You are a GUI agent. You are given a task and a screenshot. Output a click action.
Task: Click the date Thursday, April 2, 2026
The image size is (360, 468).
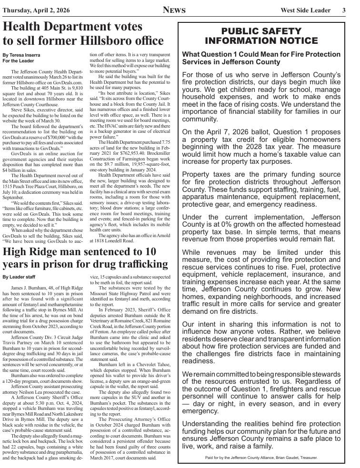[37, 10]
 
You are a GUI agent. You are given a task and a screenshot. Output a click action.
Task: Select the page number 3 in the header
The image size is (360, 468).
[343, 10]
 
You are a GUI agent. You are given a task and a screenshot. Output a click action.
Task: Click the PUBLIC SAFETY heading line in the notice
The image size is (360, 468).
[261, 31]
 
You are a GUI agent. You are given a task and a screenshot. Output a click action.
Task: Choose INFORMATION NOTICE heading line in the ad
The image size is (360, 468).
[261, 40]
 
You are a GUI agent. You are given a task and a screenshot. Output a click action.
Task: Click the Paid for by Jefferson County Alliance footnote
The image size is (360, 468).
[261, 458]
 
